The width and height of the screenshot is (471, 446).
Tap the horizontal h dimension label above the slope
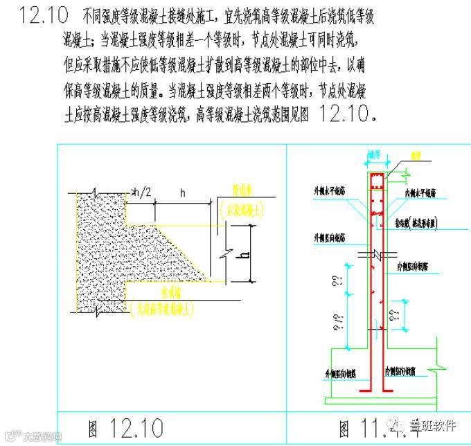pos(181,193)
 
